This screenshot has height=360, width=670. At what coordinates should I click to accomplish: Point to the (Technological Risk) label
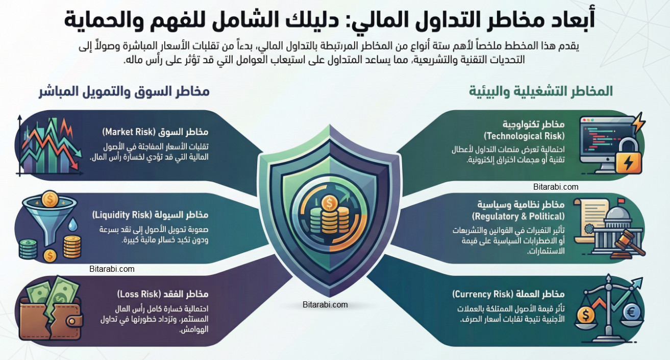point(524,136)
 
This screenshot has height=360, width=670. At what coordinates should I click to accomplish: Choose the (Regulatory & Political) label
point(525,216)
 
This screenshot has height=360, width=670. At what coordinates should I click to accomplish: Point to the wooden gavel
point(629,244)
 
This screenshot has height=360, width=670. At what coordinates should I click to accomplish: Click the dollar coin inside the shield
point(329,203)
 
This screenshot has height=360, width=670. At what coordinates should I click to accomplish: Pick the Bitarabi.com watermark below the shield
point(325,304)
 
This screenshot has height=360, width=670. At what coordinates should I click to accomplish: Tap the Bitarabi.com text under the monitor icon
point(556,187)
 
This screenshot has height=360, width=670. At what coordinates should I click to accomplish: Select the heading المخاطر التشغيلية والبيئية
point(541,92)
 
